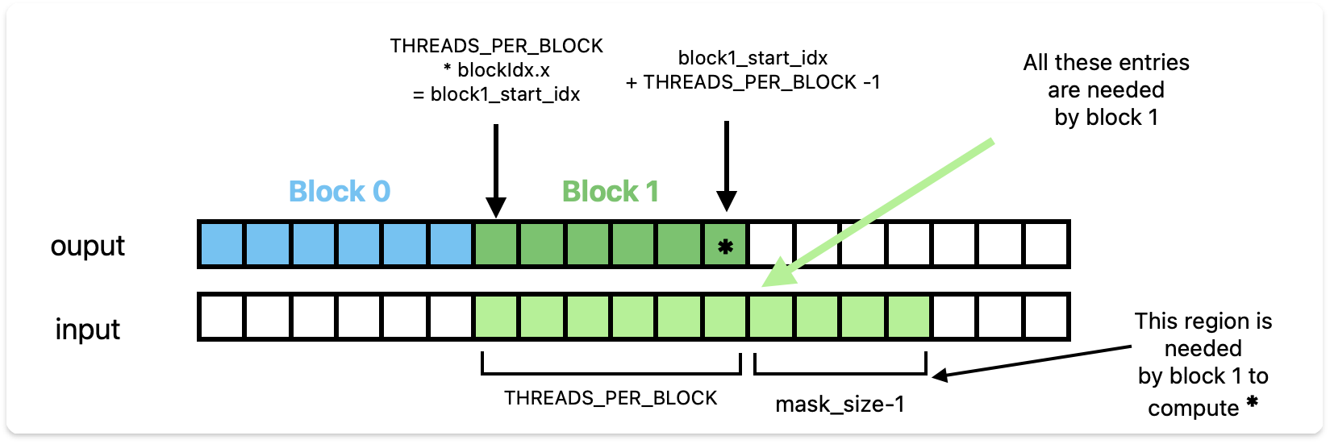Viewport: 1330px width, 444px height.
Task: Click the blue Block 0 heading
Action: (x=340, y=192)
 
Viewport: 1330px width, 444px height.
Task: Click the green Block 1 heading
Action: (x=611, y=192)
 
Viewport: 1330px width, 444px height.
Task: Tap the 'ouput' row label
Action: (x=87, y=246)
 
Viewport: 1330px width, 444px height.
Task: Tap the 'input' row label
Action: (x=87, y=329)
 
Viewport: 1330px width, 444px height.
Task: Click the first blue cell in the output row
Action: (x=222, y=245)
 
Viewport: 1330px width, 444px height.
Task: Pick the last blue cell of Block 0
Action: (x=451, y=245)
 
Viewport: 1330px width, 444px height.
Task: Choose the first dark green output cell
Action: (x=497, y=245)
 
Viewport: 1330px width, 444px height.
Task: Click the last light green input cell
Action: (x=909, y=317)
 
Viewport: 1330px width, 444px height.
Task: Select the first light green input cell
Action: (x=497, y=317)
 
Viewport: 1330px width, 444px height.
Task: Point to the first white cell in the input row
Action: (x=222, y=317)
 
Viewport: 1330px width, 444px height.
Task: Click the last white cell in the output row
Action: (x=1046, y=245)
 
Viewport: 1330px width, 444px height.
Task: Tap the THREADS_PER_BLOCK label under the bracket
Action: (x=611, y=398)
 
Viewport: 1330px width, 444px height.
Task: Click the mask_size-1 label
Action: (x=840, y=405)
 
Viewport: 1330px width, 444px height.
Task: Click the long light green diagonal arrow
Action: (x=879, y=214)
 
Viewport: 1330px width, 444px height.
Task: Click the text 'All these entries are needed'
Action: (x=1106, y=76)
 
